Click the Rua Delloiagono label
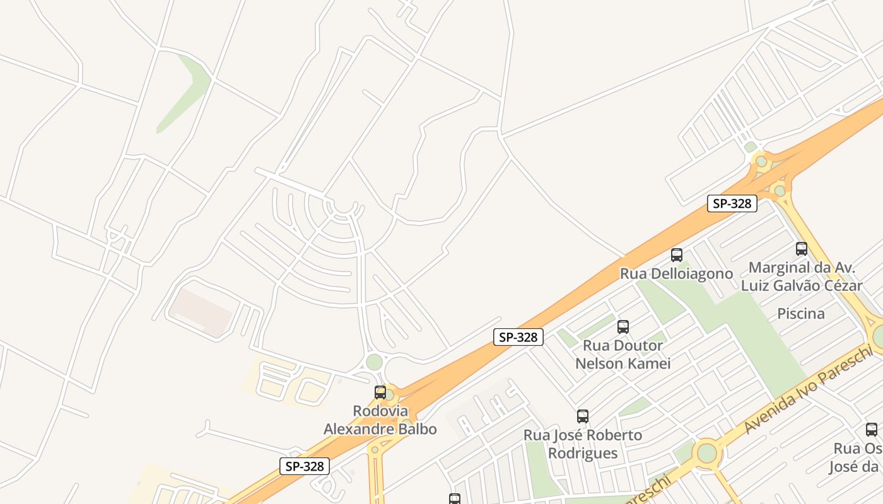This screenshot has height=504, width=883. [x=676, y=274]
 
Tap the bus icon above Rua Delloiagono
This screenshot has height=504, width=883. [x=677, y=255]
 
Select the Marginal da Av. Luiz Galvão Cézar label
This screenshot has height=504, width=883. [x=801, y=277]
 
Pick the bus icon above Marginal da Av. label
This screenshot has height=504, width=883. [x=802, y=249]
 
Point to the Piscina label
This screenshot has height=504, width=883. [x=800, y=314]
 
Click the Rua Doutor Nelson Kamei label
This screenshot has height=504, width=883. [x=623, y=355]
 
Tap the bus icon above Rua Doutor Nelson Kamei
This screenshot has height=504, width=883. [x=623, y=327]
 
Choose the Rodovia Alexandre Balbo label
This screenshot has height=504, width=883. [x=380, y=420]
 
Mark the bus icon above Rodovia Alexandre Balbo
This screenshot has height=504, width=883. [x=380, y=392]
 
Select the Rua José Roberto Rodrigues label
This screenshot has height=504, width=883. [x=583, y=444]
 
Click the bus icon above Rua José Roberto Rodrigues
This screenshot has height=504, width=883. [x=583, y=416]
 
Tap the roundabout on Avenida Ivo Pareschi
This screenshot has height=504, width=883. [x=707, y=453]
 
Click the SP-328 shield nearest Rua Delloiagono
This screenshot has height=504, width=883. [x=732, y=203]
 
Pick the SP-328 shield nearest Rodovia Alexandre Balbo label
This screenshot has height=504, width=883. [x=305, y=466]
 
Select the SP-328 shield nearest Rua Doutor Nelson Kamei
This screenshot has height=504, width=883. [x=518, y=337]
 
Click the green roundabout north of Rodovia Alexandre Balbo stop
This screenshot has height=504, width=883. [x=375, y=362]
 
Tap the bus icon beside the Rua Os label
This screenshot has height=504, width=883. [x=872, y=430]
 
